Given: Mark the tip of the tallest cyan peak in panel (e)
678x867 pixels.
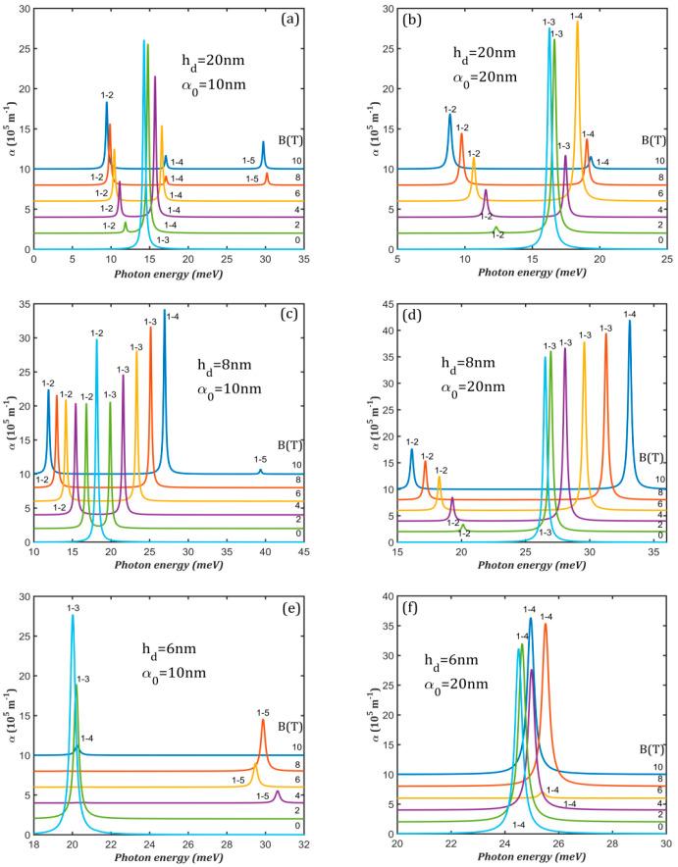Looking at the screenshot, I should (x=73, y=615).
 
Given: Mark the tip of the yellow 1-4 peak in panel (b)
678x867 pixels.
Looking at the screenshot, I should (x=577, y=22).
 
